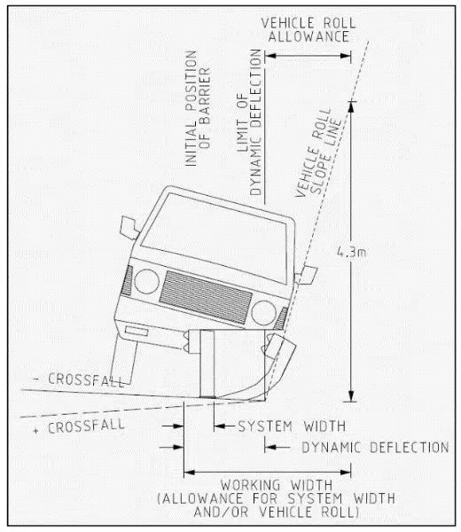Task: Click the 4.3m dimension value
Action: click(351, 252)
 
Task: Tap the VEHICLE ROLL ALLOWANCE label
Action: click(309, 30)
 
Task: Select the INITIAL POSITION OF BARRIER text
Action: click(198, 108)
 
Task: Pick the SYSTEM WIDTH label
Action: click(292, 426)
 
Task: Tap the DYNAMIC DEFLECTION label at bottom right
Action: click(375, 447)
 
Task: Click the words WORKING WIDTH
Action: click(277, 485)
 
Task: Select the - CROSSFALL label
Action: click(80, 379)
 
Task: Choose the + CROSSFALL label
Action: click(79, 426)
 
